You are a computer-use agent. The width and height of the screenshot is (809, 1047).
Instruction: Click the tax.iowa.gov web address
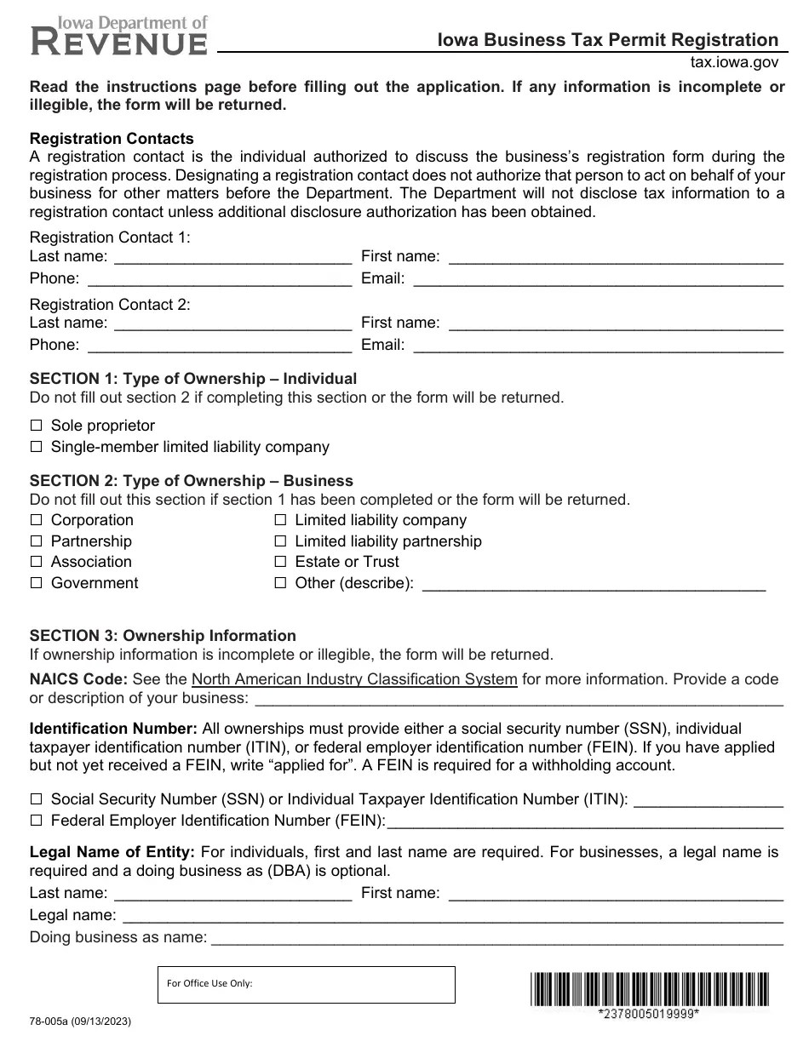(734, 62)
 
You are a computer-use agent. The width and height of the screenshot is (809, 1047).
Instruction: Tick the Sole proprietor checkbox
(36, 426)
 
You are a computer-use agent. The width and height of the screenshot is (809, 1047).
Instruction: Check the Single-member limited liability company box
(36, 447)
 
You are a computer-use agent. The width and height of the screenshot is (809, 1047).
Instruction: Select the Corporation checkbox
(36, 520)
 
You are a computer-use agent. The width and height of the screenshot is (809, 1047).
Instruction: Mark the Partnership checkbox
(36, 541)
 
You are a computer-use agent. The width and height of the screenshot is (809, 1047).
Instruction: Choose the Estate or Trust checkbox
(279, 562)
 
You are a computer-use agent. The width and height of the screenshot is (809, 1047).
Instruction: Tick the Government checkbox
(36, 583)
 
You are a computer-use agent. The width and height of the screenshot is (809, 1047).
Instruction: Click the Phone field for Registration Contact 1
(219, 278)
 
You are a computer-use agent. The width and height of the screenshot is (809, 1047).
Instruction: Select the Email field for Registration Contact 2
(597, 345)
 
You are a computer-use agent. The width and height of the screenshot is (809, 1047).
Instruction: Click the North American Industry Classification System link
(354, 679)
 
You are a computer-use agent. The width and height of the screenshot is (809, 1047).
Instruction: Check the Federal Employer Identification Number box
(36, 821)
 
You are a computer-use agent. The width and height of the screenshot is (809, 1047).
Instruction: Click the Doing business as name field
(496, 937)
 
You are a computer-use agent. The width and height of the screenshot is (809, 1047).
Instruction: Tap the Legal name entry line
(452, 915)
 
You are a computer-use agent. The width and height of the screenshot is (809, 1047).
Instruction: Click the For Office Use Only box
(307, 985)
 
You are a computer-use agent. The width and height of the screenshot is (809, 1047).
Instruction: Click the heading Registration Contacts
(112, 139)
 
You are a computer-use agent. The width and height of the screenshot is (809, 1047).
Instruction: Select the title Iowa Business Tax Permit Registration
(608, 40)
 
